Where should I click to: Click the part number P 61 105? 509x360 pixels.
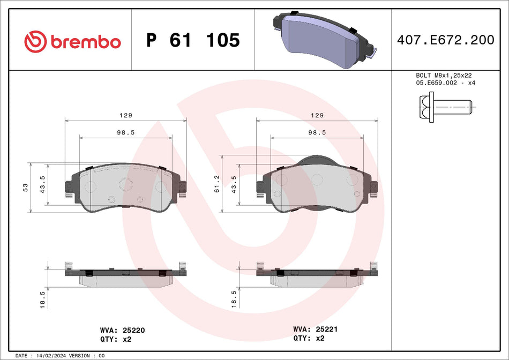pos(193,40)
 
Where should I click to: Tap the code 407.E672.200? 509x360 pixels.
pos(445,40)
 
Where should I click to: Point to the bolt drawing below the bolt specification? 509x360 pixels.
pos(444,107)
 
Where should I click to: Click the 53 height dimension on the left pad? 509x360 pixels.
pos(25,187)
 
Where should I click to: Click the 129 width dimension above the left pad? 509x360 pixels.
pos(126,115)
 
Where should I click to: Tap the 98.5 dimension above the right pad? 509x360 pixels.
pos(317,132)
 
